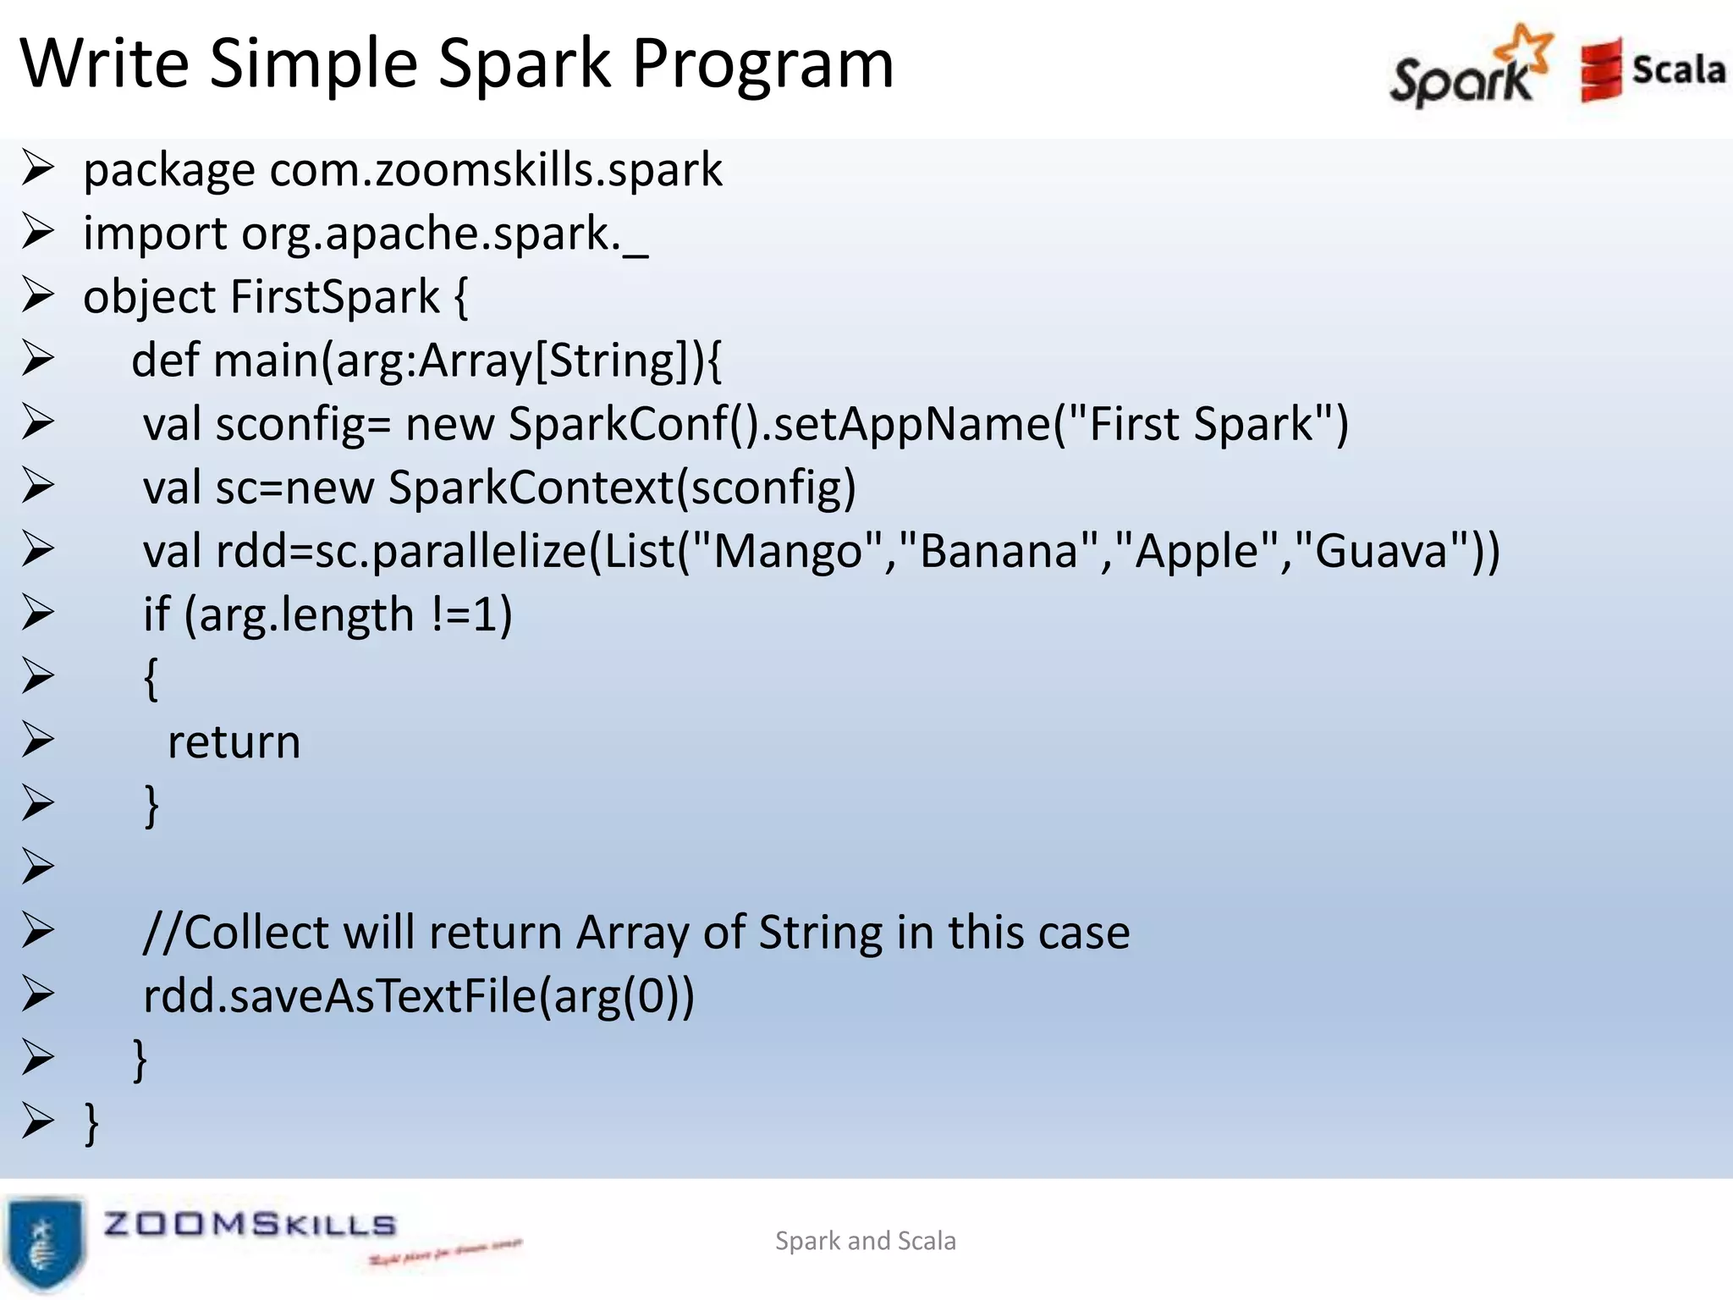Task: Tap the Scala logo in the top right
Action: (1652, 69)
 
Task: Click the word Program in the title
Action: (762, 64)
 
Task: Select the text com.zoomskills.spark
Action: (496, 170)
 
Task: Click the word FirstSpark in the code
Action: (335, 298)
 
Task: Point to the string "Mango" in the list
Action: (788, 551)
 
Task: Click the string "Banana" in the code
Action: (999, 551)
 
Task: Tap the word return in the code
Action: (234, 743)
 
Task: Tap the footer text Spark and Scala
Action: (865, 1241)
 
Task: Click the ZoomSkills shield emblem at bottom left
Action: (44, 1242)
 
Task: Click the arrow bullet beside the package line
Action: (38, 168)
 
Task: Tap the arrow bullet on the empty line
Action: (38, 867)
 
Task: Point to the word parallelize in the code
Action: (478, 552)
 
